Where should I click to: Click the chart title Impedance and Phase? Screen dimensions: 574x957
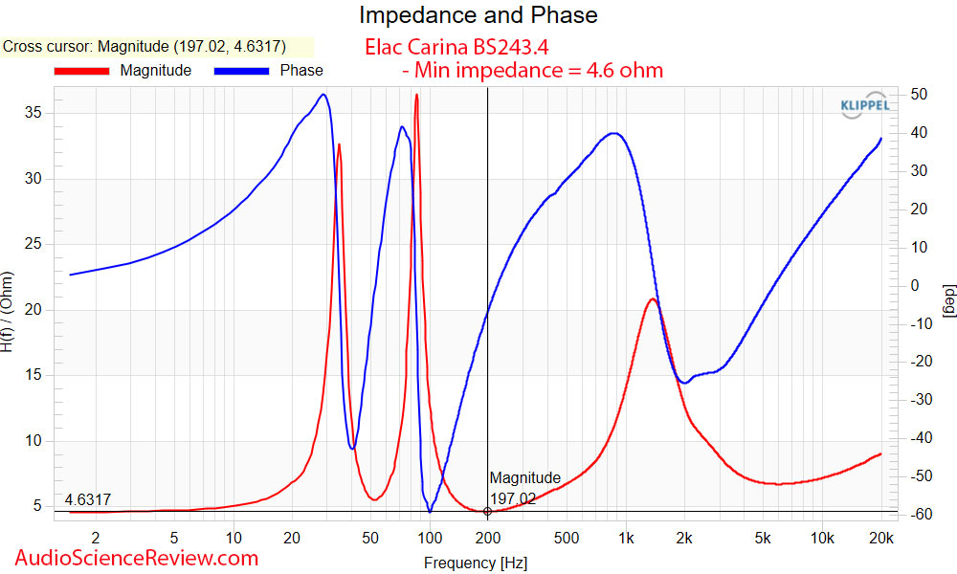tap(478, 15)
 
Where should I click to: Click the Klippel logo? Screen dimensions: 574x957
tap(864, 106)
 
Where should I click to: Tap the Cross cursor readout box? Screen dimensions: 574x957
tap(157, 46)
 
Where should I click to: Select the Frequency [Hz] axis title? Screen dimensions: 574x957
tap(476, 563)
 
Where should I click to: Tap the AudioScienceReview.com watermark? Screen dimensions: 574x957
tap(137, 558)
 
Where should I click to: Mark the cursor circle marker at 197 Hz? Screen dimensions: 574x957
tap(488, 511)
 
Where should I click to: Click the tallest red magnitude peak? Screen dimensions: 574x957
tap(416, 96)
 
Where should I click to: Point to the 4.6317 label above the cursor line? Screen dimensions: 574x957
tap(88, 500)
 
